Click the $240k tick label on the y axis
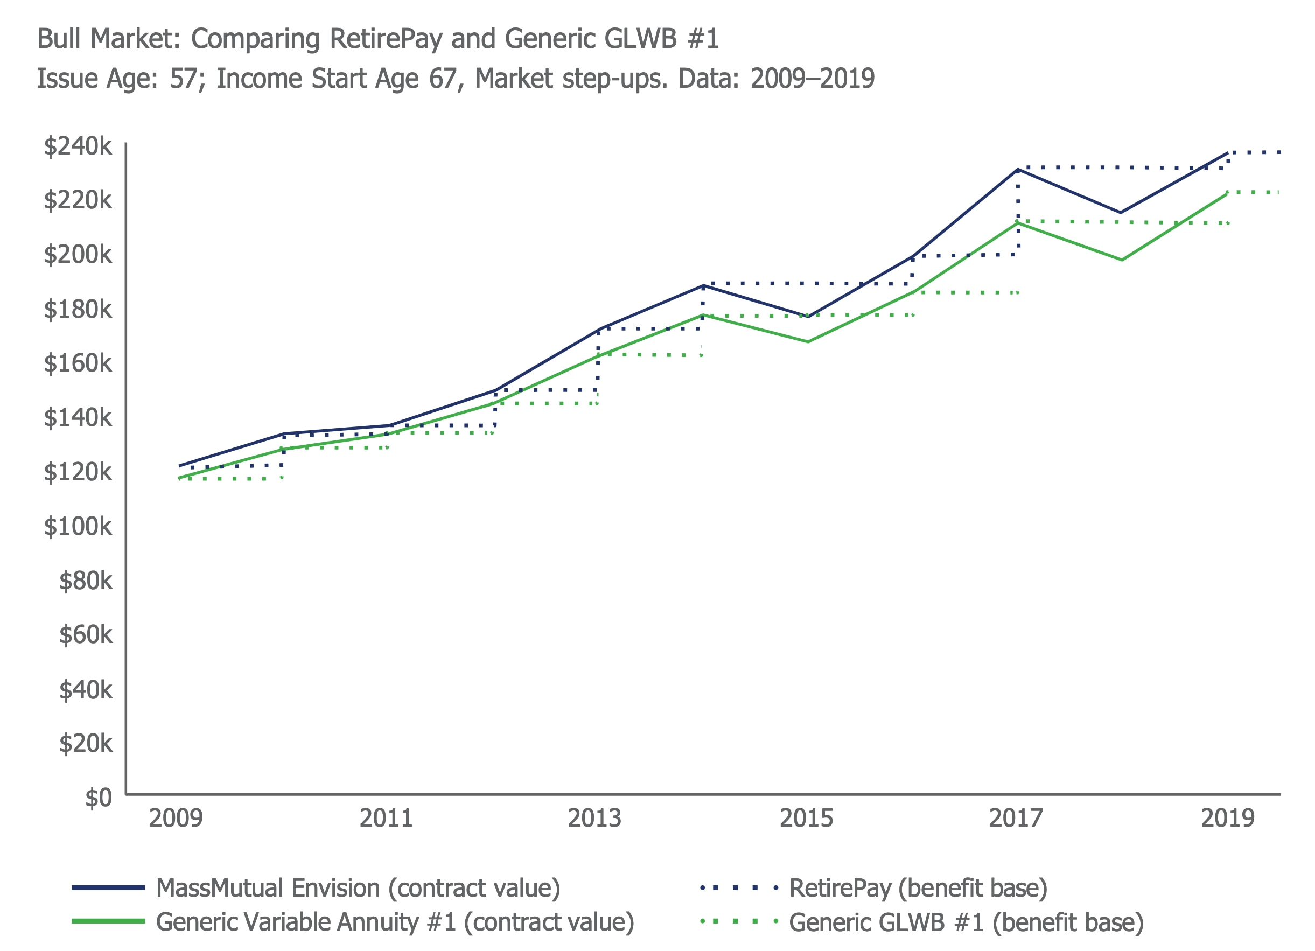pyautogui.click(x=78, y=146)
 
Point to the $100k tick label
pyautogui.click(x=78, y=527)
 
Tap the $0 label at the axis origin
pyautogui.click(x=98, y=798)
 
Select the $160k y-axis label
pyautogui.click(x=78, y=363)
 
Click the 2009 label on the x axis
pyautogui.click(x=176, y=818)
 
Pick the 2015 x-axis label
pyautogui.click(x=806, y=818)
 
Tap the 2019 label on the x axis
pyautogui.click(x=1227, y=818)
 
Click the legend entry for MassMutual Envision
pyautogui.click(x=358, y=889)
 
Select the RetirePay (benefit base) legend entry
pyautogui.click(x=918, y=889)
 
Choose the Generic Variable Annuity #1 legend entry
pyautogui.click(x=395, y=922)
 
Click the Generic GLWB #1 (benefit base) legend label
pyautogui.click(x=966, y=922)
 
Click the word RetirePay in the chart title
pyautogui.click(x=386, y=39)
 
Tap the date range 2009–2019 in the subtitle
pyautogui.click(x=812, y=78)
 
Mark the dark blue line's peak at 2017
pyautogui.click(x=1018, y=170)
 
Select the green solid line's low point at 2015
pyautogui.click(x=808, y=341)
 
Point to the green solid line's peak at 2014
pyautogui.click(x=703, y=315)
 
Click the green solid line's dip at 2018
pyautogui.click(x=1122, y=260)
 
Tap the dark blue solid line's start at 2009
pyautogui.click(x=180, y=466)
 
